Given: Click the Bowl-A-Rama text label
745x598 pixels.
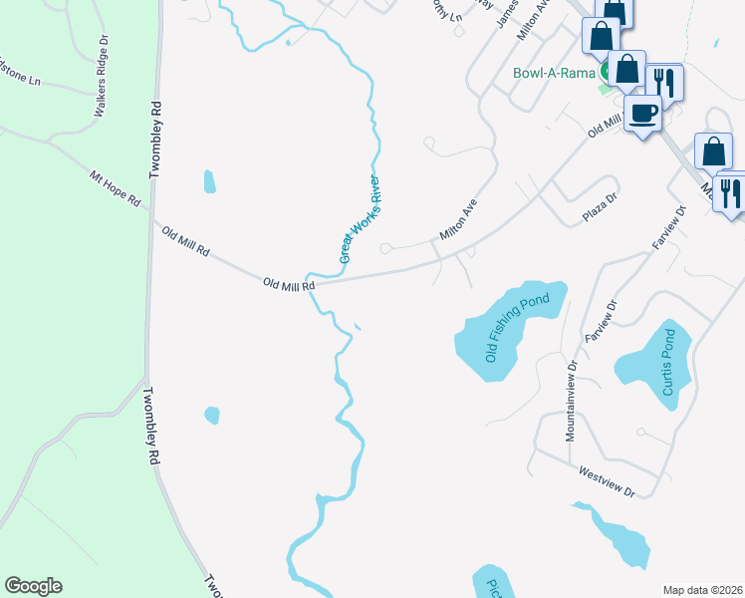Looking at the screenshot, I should pos(554,73).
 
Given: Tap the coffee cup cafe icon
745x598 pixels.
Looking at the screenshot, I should pos(643,114).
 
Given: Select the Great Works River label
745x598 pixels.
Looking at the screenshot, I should pos(361,219).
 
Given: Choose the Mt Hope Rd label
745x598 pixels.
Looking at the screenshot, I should pos(116,190).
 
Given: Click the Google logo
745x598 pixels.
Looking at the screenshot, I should pos(33,586).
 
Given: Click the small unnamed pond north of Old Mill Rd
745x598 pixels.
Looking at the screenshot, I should pos(209,181).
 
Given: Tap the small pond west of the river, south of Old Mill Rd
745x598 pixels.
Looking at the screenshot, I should pos(211,415).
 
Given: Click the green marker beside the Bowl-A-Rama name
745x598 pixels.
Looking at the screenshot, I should pos(606,73).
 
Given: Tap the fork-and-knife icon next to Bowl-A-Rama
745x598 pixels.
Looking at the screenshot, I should pos(663,82).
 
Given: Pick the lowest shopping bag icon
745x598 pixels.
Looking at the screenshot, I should pos(713,151).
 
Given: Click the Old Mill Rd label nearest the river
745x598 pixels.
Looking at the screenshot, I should pos(289,284).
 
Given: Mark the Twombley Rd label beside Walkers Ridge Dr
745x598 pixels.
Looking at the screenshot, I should pos(154,140).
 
